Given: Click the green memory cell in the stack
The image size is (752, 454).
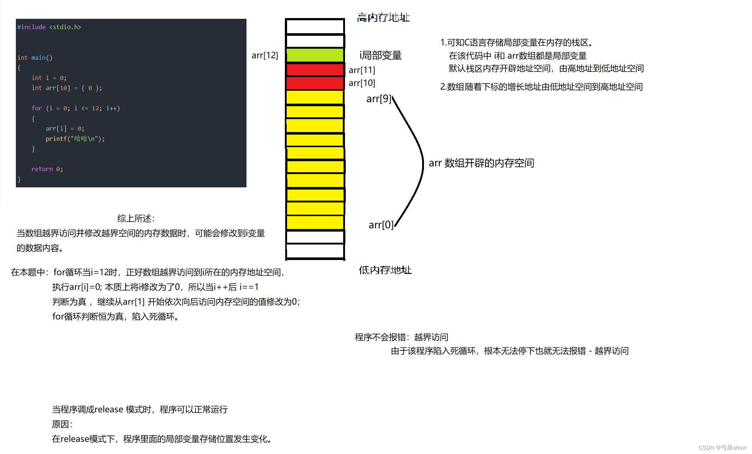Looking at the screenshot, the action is (x=315, y=55).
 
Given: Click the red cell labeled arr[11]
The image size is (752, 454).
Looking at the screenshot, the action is (x=315, y=69).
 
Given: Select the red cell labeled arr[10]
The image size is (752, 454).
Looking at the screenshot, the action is (x=315, y=83).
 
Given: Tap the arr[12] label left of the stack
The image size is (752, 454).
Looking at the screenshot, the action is (x=265, y=55).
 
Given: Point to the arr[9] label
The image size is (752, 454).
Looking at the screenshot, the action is (x=378, y=99).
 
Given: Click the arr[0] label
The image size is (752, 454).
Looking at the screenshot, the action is (x=380, y=225).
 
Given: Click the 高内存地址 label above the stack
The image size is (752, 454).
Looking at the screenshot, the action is (x=383, y=17).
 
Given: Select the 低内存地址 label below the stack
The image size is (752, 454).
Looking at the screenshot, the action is (x=385, y=270).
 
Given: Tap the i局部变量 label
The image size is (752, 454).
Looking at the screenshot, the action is (x=380, y=55).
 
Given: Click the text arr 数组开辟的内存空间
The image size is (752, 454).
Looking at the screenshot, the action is (x=481, y=163).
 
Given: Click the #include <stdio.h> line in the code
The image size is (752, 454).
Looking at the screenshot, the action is (x=49, y=27).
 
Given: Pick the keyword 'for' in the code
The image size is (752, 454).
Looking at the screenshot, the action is (x=37, y=108).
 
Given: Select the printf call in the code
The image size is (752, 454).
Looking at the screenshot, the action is (x=75, y=139).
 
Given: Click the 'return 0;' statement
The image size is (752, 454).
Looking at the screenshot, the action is (x=47, y=169).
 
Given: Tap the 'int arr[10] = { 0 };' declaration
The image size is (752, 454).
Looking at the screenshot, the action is (x=66, y=88).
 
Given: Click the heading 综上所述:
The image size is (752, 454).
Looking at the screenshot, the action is (x=136, y=218).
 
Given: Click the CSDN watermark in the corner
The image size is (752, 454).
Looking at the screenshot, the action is (x=722, y=447).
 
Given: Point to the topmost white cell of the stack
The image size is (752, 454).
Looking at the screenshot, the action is (x=315, y=27).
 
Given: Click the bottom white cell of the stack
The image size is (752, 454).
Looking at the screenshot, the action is (x=315, y=251).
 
